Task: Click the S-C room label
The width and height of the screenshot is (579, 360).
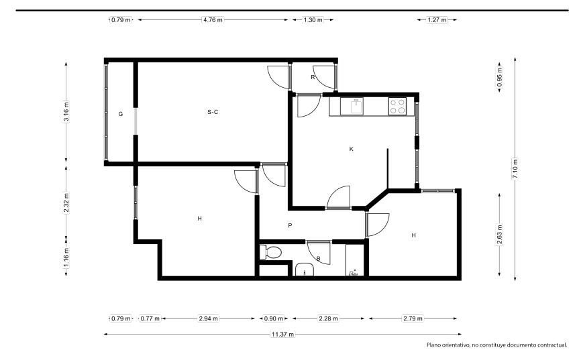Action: click(x=213, y=112)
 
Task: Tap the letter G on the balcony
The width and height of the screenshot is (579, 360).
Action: click(x=120, y=114)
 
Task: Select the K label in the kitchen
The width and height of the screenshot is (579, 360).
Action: click(x=351, y=149)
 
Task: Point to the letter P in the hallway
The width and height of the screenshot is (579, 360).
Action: click(x=290, y=225)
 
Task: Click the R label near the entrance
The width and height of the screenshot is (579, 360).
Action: click(x=313, y=77)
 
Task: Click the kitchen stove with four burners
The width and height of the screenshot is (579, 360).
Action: click(x=397, y=106)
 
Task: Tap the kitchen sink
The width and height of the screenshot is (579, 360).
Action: click(x=357, y=106)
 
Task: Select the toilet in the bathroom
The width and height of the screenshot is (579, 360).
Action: click(x=270, y=253)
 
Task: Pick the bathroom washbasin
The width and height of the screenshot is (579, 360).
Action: click(x=305, y=269)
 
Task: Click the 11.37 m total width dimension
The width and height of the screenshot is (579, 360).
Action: click(x=283, y=335)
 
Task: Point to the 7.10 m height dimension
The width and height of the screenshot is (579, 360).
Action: click(x=515, y=168)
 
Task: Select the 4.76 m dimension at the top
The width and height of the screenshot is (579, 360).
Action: click(x=213, y=20)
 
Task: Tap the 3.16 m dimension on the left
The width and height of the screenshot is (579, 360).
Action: click(x=66, y=111)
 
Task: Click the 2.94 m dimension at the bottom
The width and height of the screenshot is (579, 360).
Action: click(x=208, y=318)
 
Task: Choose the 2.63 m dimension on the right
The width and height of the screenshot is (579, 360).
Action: click(x=500, y=235)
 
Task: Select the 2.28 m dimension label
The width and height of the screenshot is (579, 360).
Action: click(x=328, y=318)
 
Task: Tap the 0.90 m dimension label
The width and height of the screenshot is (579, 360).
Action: click(x=274, y=318)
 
